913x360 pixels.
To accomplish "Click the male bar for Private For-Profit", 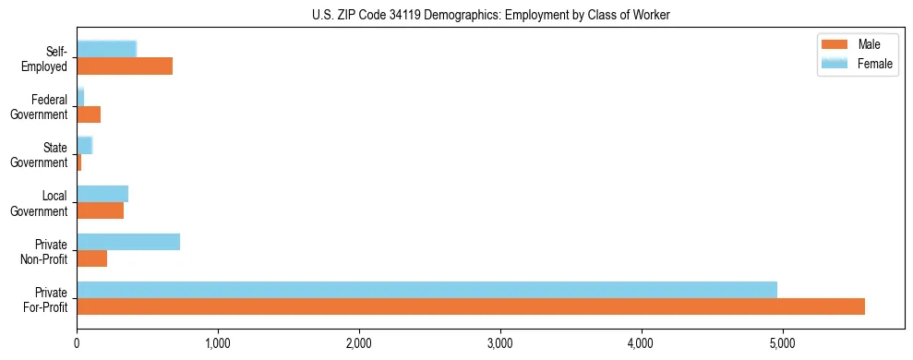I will click(x=471, y=306).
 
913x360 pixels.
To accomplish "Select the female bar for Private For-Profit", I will click(x=426, y=290).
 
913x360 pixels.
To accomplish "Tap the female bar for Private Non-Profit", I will click(x=128, y=242).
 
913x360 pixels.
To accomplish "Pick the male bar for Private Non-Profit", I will click(x=92, y=258).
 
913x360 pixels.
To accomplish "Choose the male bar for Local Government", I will click(x=100, y=210).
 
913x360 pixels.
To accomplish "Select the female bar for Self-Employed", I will click(x=106, y=49).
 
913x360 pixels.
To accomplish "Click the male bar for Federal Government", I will click(x=89, y=114).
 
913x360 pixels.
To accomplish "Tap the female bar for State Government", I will click(x=85, y=145).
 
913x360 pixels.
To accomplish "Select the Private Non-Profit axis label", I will click(x=46, y=250).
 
